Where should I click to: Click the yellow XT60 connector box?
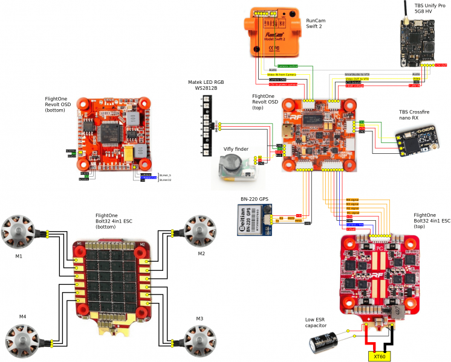pos(380,355)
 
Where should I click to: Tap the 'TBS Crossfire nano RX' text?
pos(416,116)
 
